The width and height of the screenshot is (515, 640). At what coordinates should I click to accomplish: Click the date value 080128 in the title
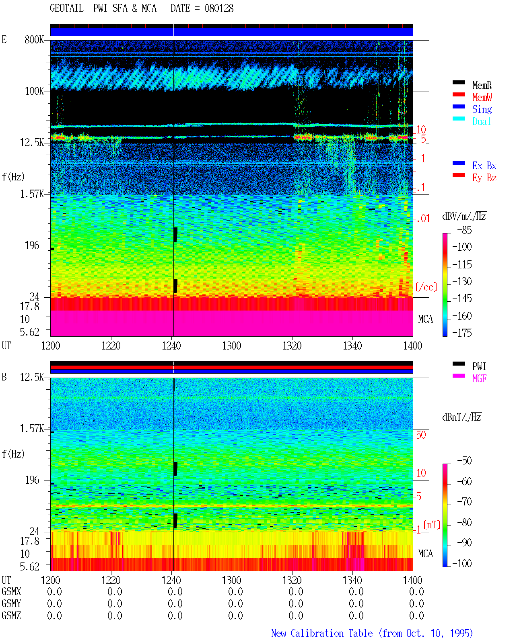click(218, 8)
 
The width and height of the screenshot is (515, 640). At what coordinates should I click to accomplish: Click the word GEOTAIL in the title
click(67, 8)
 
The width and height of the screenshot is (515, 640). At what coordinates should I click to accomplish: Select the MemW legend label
click(482, 97)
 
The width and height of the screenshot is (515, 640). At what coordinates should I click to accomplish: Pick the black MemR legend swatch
click(458, 82)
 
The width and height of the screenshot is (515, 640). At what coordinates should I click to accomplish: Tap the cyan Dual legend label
click(481, 121)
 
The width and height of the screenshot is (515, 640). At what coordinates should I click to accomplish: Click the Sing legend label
click(482, 109)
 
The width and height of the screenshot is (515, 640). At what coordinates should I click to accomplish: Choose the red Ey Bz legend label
click(484, 178)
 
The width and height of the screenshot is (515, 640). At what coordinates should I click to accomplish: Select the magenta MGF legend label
click(479, 378)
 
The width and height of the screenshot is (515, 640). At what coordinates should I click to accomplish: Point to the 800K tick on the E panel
click(34, 39)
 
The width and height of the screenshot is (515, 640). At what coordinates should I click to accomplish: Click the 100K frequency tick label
click(34, 91)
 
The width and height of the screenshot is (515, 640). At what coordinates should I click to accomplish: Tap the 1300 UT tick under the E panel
click(231, 346)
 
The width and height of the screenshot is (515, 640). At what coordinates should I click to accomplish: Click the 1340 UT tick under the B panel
click(352, 580)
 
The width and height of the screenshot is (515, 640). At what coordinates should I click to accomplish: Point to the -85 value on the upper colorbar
click(464, 230)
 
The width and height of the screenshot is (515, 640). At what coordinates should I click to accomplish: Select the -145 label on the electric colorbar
click(462, 298)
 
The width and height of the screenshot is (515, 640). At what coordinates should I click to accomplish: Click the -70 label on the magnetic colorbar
click(464, 502)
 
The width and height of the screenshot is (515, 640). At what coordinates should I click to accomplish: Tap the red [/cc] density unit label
click(426, 287)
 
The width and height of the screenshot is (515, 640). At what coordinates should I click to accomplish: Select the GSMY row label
click(11, 603)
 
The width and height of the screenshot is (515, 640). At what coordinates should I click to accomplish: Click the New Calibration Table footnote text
click(372, 633)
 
